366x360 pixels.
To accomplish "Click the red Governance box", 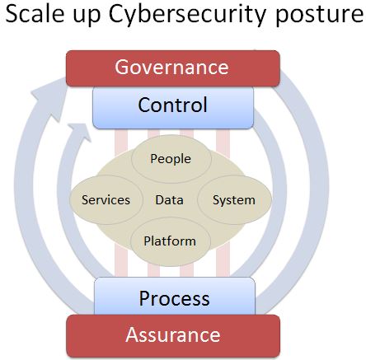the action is tap(173, 68).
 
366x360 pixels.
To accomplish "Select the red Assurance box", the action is tap(173, 336).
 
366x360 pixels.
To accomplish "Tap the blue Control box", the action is tap(173, 108).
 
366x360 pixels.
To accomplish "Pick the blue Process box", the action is tap(175, 296).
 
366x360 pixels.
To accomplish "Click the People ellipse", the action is tap(171, 159).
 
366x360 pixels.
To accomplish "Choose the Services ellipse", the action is tap(106, 199).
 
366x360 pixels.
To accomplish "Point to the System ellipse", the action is tap(234, 199).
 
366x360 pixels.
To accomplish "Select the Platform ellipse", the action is tap(171, 241).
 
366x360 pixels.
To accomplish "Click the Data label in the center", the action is tap(169, 200).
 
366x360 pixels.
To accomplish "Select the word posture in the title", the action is tap(320, 16).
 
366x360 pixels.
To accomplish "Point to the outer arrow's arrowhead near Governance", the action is tap(49, 99).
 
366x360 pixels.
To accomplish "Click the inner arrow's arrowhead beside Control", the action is tap(80, 132).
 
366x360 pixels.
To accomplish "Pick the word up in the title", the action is tap(87, 17).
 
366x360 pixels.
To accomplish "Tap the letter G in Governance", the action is tap(123, 67).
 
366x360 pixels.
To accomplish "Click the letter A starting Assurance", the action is tap(133, 334).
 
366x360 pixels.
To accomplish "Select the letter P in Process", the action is tap(145, 298).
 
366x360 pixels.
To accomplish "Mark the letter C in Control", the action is tap(146, 105).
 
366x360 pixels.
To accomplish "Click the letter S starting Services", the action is tap(85, 200).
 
